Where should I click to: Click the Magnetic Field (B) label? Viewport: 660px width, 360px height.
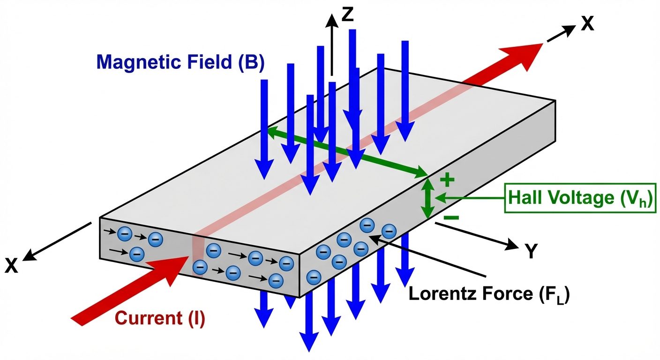tap(180, 62)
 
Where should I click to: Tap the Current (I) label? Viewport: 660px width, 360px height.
tap(160, 319)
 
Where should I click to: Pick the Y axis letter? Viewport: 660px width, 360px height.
tap(530, 252)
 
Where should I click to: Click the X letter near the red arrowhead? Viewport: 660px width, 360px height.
tap(587, 23)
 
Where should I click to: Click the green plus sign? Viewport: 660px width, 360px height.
tap(448, 180)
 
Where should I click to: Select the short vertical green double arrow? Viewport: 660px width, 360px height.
tap(427, 199)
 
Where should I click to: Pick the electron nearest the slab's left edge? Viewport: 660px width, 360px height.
tap(125, 232)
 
